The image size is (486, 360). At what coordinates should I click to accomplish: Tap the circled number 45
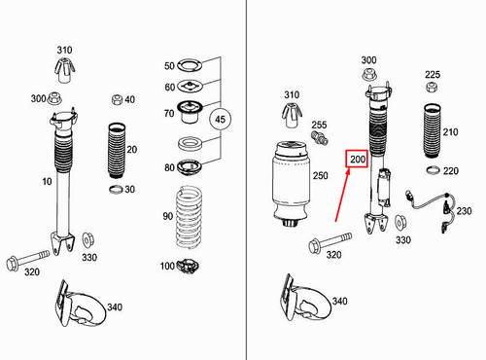221,119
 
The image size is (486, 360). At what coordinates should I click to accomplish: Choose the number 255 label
319,126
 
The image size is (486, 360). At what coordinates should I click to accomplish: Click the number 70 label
169,114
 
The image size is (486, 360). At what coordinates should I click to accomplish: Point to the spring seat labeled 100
190,267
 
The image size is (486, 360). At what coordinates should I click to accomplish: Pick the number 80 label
169,166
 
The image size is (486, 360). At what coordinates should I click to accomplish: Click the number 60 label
169,87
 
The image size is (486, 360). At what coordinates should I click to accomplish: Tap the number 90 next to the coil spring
167,215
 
